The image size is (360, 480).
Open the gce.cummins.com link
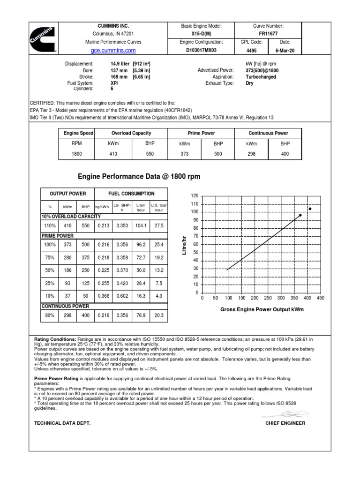(x=111, y=51)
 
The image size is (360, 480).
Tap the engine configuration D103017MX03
(x=201, y=50)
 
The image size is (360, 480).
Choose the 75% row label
(x=50, y=257)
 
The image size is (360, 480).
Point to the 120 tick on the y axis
(x=195, y=195)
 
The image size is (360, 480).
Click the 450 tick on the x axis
(x=321, y=298)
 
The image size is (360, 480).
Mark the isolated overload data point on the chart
(x=310, y=209)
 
